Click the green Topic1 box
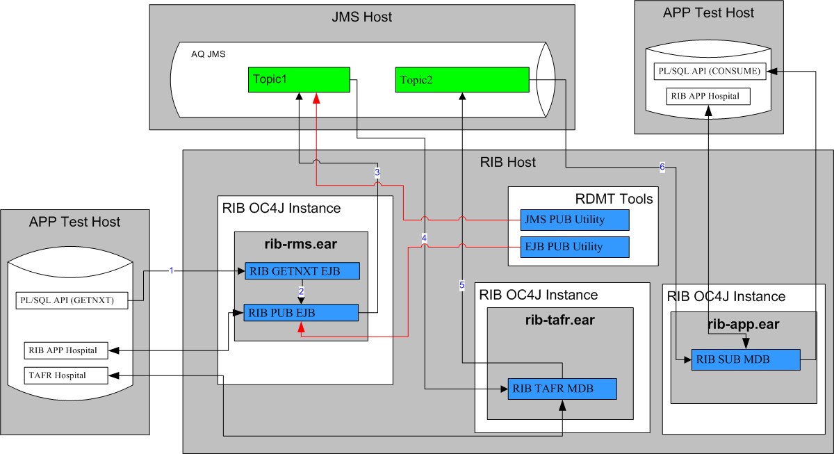tap(299, 79)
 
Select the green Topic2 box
tap(462, 79)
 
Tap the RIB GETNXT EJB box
tap(302, 271)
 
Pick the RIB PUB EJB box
tap(301, 313)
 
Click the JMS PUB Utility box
tap(575, 220)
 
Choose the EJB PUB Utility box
tap(575, 246)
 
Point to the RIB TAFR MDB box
tap(561, 389)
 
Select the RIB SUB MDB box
tap(745, 359)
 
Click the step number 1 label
tap(171, 270)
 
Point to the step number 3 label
tap(377, 172)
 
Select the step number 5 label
tap(461, 284)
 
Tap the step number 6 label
tap(662, 167)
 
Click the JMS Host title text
tap(361, 17)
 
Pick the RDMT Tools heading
tap(614, 199)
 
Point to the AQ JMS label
tap(208, 54)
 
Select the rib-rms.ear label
tap(300, 244)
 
